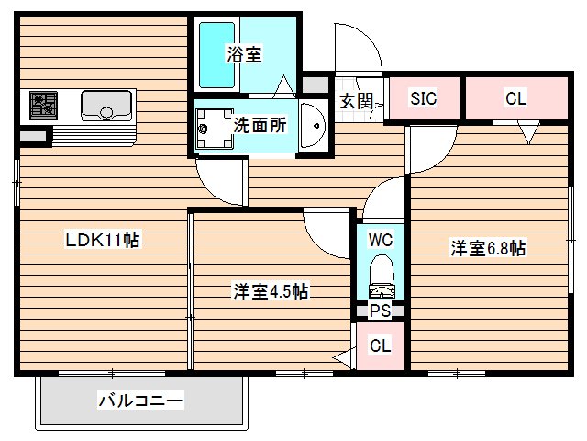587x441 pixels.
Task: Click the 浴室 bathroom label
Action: pyautogui.click(x=244, y=54)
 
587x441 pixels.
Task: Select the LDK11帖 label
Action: pyautogui.click(x=101, y=241)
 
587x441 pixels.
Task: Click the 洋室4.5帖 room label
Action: pyautogui.click(x=270, y=292)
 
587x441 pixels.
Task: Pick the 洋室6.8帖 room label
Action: pyautogui.click(x=487, y=248)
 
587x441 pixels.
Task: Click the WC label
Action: pyautogui.click(x=381, y=240)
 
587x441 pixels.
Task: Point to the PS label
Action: pyautogui.click(x=380, y=311)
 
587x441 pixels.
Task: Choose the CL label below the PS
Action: pyautogui.click(x=380, y=345)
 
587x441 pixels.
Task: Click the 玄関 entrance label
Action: pyautogui.click(x=356, y=101)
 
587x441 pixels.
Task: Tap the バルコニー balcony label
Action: pyautogui.click(x=140, y=401)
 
